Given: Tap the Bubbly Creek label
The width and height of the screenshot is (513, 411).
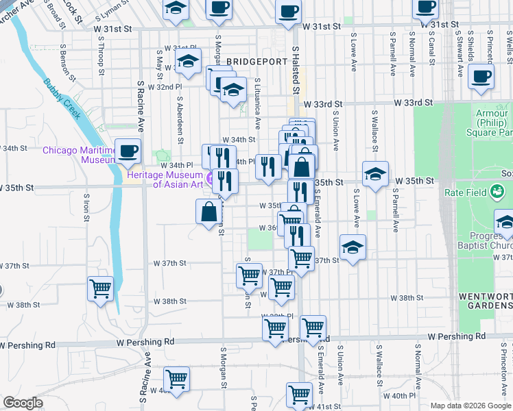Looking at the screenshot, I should (63, 98).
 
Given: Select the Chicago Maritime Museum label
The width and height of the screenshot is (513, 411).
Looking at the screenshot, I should (76, 155).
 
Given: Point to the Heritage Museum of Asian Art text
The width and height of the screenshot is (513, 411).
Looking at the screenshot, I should (165, 179).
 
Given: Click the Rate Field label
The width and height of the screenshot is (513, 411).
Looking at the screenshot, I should (464, 192).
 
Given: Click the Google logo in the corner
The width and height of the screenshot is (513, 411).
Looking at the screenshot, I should (23, 403).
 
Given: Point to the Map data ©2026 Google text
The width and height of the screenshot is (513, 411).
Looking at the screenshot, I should (470, 406).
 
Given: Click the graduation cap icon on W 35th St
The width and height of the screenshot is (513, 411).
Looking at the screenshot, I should (375, 175).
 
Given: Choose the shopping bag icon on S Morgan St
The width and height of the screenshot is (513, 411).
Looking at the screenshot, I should (208, 212).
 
